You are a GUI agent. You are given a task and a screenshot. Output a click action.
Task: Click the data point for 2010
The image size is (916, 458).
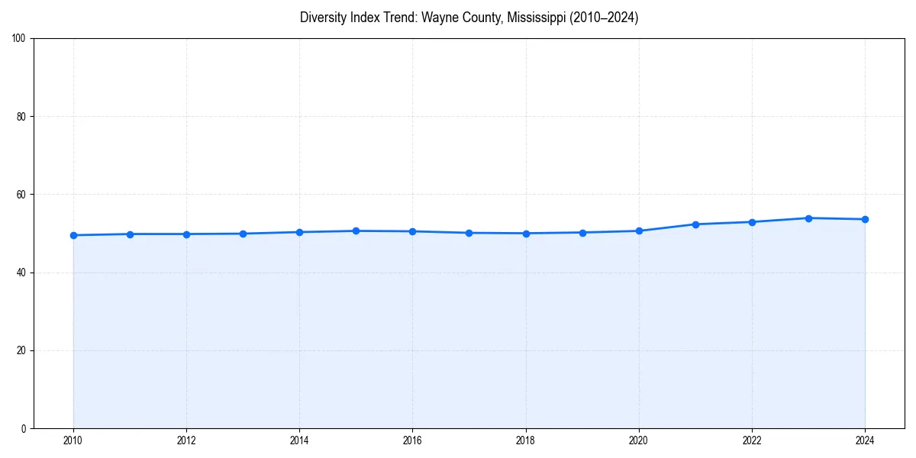pos(73,235)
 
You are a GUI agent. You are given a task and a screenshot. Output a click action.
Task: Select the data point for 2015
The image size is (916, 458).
pos(356,231)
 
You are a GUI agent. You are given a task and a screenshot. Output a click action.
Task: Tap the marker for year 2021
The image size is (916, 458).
pos(695,224)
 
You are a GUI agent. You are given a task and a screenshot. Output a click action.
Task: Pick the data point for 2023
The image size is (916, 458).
pos(808,218)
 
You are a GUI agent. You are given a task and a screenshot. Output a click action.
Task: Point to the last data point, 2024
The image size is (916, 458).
pos(865,219)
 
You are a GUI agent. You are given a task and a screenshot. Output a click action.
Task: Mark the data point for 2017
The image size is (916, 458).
pos(469,233)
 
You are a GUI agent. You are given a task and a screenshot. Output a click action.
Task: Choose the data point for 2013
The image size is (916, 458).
pos(243,234)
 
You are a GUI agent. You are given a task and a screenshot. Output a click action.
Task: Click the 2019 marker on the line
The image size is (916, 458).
pos(582,232)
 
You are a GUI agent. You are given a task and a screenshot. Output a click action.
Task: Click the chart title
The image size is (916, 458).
pos(469,18)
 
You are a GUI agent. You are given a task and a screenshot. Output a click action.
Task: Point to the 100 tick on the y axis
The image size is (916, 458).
pos(19,39)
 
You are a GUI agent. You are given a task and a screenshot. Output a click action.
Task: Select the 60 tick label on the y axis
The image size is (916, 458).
pos(21,195)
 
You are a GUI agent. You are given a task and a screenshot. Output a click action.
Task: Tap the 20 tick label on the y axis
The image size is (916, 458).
pos(21,350)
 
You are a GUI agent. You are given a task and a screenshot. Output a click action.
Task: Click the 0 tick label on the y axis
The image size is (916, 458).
pos(24,428)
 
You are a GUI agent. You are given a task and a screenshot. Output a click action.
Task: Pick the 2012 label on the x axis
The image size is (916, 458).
pos(186,440)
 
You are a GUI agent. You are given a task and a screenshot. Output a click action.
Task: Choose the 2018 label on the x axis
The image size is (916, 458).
pos(525,440)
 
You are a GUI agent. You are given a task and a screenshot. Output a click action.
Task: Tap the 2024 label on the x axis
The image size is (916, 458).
pos(865,440)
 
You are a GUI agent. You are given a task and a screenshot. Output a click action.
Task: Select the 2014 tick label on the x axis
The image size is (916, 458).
pos(299,440)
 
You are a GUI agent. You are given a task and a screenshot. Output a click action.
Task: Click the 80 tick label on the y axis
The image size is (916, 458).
pos(21,117)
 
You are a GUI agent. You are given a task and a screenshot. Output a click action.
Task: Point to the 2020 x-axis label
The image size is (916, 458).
pos(639,440)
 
